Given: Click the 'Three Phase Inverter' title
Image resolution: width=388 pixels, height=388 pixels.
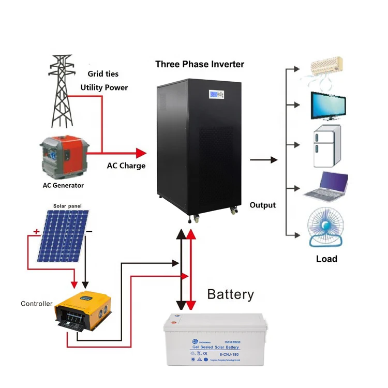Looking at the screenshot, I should click(x=200, y=65).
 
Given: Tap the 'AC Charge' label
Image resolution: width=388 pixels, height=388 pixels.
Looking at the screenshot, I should click(x=126, y=166).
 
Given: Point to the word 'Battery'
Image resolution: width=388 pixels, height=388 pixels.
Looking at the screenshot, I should click(x=231, y=295).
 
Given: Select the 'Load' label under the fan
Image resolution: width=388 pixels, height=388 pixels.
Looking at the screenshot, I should click(x=326, y=259).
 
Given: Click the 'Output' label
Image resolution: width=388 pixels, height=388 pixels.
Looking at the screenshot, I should click(x=263, y=205).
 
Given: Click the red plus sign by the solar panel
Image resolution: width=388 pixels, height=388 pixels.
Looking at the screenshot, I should click(x=36, y=232).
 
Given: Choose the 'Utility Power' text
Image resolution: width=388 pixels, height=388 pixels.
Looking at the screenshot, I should click(x=104, y=87).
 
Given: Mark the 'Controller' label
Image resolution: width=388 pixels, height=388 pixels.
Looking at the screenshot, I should click(x=36, y=304).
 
